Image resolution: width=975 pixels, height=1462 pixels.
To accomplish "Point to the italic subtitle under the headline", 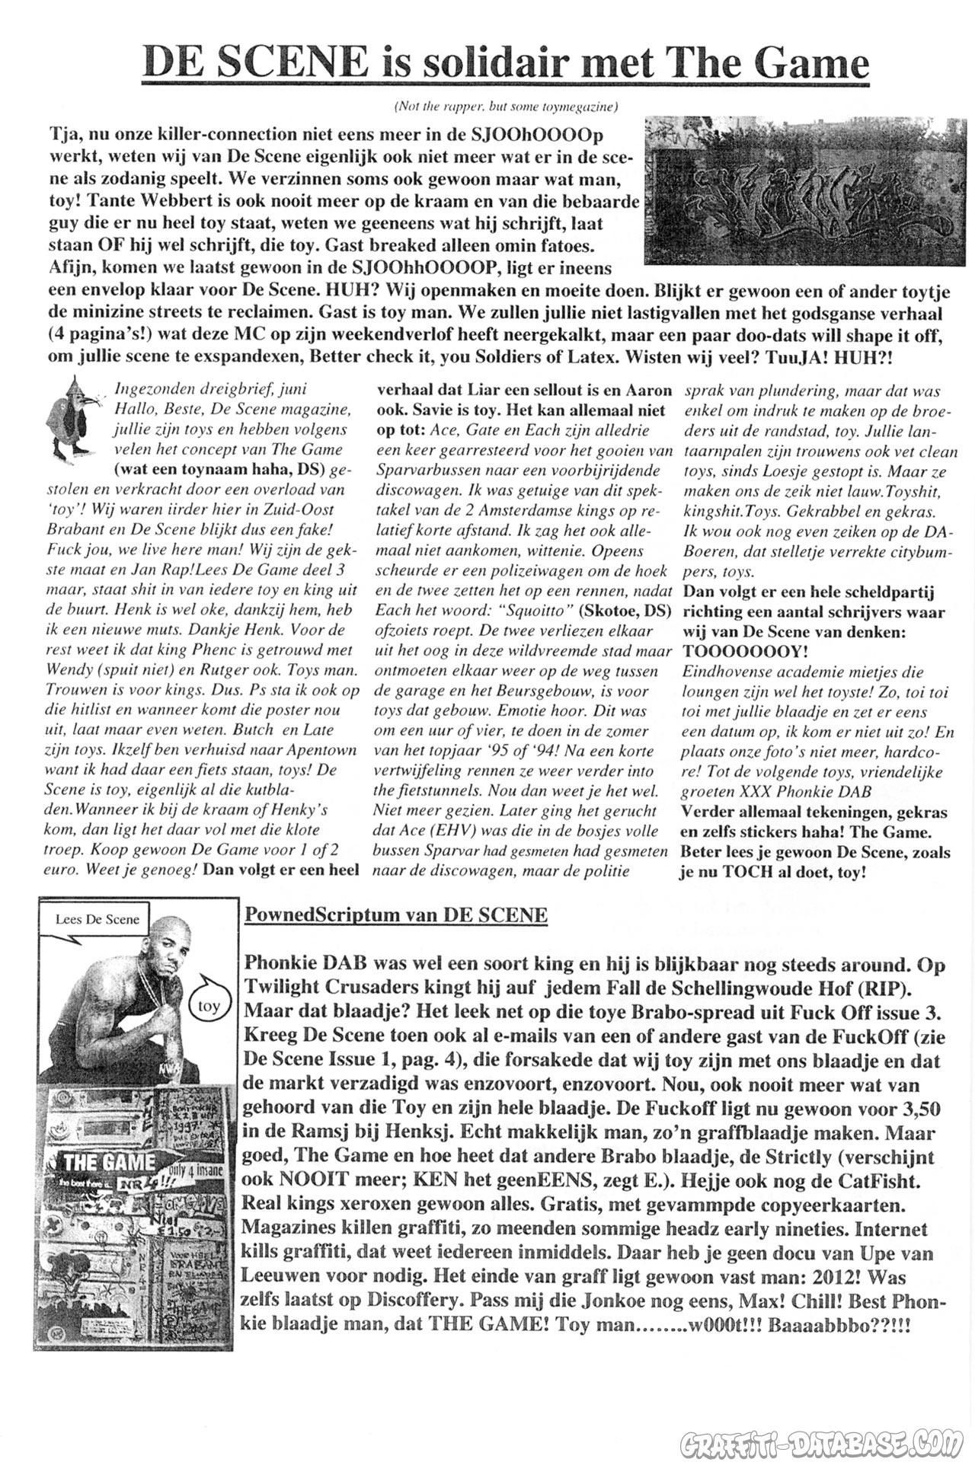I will click(505, 107).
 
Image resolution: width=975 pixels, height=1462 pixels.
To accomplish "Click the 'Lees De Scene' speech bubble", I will click(97, 919).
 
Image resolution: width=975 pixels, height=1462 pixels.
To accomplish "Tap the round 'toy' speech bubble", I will click(208, 1006).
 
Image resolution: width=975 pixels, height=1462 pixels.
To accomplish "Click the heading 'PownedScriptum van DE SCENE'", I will click(395, 914).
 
